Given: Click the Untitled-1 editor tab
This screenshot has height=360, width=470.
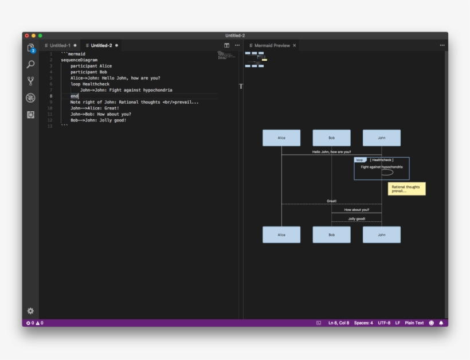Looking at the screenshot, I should (x=60, y=45).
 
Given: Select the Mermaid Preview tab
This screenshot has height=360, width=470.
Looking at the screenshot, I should (x=272, y=45).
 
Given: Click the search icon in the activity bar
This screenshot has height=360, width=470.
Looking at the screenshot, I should (x=30, y=65).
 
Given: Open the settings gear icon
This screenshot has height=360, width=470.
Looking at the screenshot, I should (x=30, y=311).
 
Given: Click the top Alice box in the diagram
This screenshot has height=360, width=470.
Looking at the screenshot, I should (x=281, y=138).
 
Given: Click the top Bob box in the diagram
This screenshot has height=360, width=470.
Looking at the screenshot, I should (x=331, y=138).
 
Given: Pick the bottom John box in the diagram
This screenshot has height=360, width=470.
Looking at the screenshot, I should (x=381, y=234).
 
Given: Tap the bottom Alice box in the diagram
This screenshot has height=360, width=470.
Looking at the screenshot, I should (x=281, y=234).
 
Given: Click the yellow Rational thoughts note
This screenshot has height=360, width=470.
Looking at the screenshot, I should (x=406, y=189).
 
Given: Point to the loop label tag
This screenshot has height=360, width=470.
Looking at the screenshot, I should (x=359, y=160).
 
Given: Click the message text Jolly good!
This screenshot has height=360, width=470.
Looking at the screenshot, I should (x=357, y=218).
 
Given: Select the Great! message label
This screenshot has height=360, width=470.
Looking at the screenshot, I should (x=331, y=201).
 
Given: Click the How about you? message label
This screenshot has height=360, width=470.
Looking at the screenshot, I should (x=357, y=210).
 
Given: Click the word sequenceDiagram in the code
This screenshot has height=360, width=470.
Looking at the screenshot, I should (x=79, y=60).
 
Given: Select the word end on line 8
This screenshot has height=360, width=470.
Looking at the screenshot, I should (x=75, y=96).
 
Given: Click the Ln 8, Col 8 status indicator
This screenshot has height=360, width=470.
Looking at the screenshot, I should (x=338, y=323).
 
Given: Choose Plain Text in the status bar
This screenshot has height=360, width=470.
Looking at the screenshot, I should (x=414, y=323).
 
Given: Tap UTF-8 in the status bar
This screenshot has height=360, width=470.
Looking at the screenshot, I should (x=384, y=323).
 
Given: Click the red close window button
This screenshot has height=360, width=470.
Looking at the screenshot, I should (x=27, y=36).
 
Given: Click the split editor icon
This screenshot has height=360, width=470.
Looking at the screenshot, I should (x=227, y=45).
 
